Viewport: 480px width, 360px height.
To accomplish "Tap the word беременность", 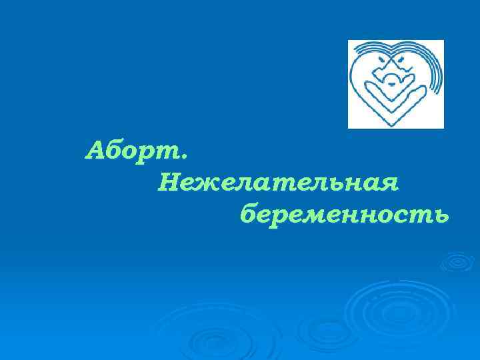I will [x=344, y=215].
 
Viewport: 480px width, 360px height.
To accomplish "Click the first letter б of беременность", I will [x=249, y=214].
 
